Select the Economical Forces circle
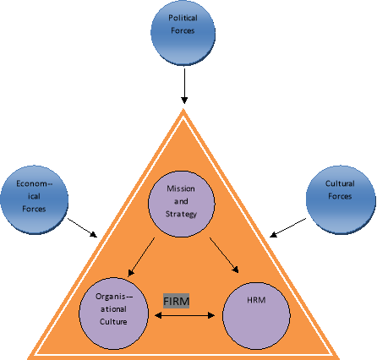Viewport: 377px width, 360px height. point(34,195)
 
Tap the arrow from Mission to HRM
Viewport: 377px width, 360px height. point(226,255)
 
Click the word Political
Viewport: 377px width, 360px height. point(182,18)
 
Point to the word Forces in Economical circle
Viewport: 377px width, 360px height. point(34,208)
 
